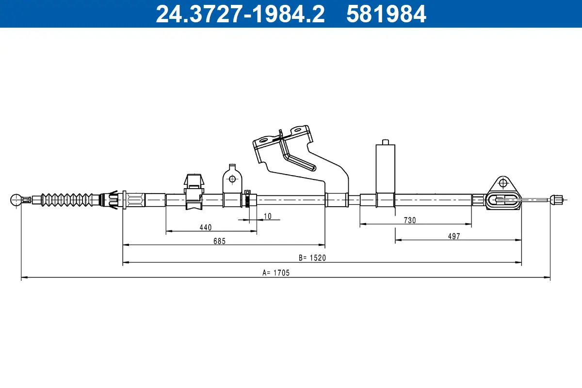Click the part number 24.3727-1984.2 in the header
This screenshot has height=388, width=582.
(240, 14)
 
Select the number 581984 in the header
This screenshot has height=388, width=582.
(386, 14)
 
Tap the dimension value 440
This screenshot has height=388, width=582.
(205, 227)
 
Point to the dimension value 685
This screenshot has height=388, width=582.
(219, 241)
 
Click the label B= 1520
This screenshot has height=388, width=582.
(312, 258)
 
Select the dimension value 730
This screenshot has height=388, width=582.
(410, 220)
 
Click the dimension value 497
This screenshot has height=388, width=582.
(454, 236)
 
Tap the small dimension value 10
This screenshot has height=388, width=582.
(268, 216)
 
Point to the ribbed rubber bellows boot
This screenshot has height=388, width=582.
(66, 199)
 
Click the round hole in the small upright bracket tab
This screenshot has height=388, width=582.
(232, 179)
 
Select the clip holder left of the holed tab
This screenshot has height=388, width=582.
(194, 192)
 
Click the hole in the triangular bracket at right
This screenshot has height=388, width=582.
(503, 183)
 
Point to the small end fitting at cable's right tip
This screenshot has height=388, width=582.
(556, 198)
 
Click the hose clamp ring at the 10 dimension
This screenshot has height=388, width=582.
(247, 199)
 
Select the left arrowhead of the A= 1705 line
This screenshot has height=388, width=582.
(23, 278)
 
